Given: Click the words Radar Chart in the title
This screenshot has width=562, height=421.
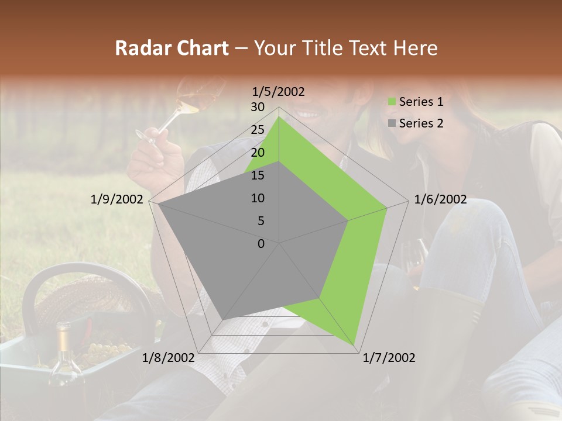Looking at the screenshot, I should pos(172,48).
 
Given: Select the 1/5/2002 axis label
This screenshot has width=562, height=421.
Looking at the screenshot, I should pos(279,92).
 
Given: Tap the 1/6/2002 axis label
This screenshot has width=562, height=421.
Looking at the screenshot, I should pos(440,199).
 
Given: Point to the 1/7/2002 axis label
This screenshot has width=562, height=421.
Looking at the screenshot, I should pos(389,358).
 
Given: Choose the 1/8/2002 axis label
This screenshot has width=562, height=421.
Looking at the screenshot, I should pos(169,358).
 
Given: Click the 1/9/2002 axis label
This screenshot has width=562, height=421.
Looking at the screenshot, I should pos(117,199).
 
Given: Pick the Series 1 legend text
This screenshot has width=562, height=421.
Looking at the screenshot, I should pos(421,102).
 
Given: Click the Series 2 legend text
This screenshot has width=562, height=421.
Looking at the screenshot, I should pos(421,123).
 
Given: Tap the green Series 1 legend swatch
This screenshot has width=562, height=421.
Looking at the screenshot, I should pos(392,102).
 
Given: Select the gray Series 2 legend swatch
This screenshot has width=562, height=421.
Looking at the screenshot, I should pos(392,123).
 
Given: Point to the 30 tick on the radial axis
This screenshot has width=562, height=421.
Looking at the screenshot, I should pos(258,107).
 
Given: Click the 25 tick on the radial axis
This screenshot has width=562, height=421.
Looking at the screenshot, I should pos(258,130).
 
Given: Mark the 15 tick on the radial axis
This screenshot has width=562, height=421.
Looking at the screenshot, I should pos(258,175).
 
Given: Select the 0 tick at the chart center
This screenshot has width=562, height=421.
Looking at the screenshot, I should pos(261,244).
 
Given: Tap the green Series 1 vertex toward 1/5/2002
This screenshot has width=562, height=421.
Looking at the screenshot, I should pos(279,118).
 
